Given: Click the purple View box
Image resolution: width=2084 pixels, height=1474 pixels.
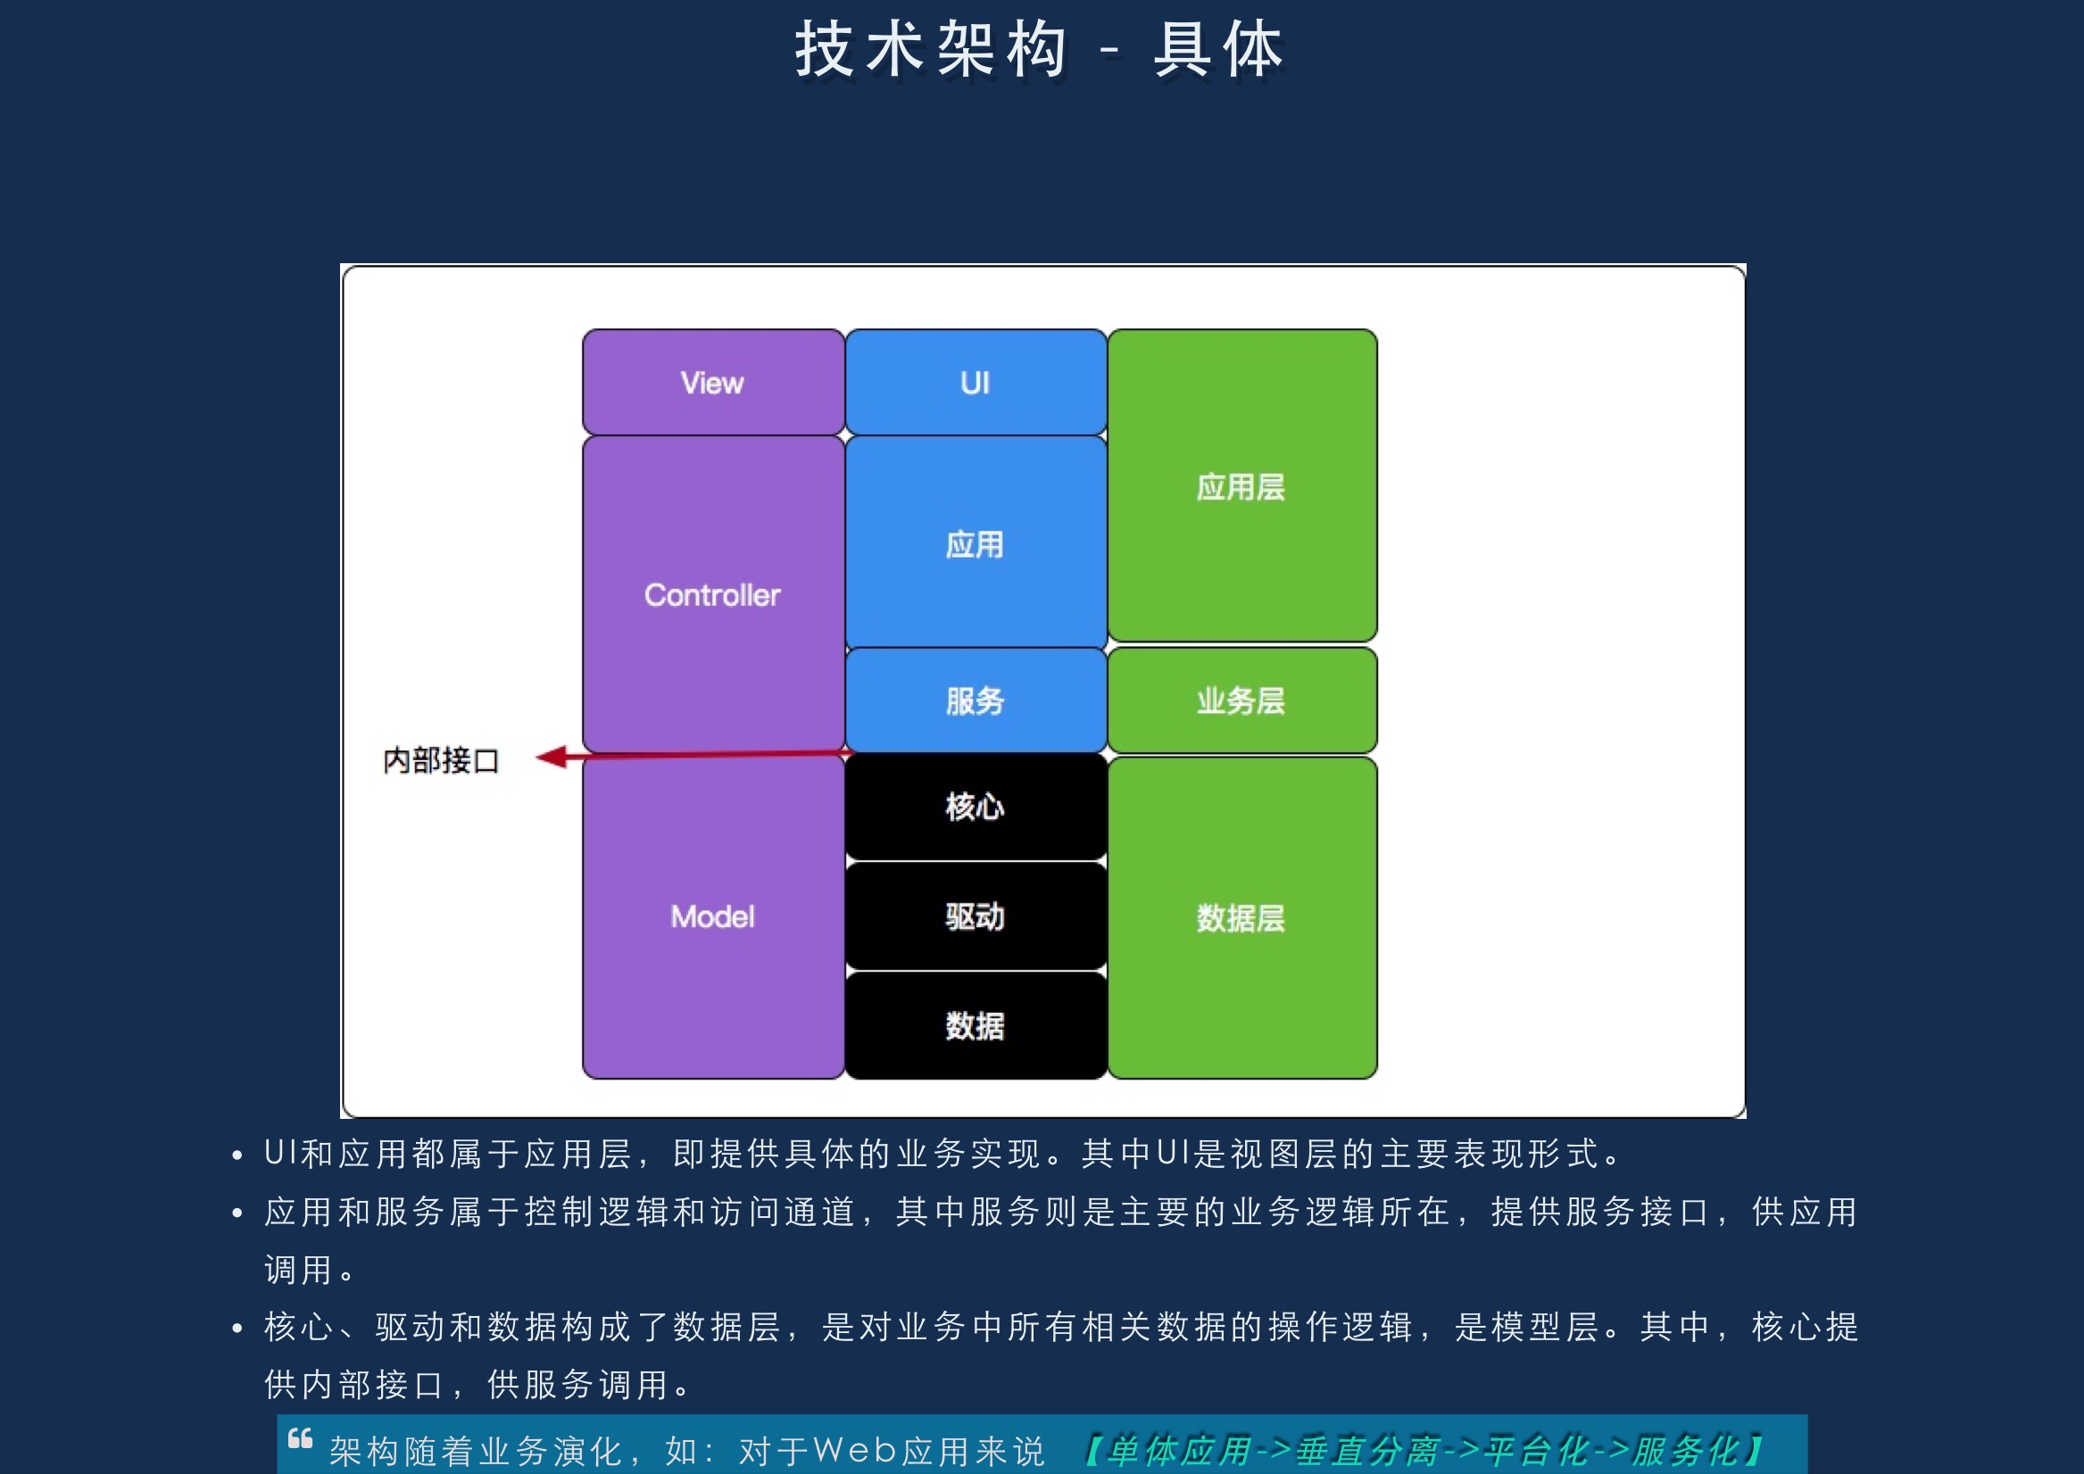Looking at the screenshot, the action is pos(713,382).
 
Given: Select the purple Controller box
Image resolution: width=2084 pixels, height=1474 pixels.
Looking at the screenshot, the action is pos(713,594).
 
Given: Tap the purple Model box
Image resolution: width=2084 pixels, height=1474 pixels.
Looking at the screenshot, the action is pos(713,916).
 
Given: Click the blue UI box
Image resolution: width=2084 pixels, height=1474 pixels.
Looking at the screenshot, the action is pos(976,382).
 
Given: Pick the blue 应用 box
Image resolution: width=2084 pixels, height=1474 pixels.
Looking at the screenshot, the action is pos(976,542).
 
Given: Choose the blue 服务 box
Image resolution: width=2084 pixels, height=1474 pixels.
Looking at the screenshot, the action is pos(976,700).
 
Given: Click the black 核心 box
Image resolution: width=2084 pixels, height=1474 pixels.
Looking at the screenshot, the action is pos(976,806).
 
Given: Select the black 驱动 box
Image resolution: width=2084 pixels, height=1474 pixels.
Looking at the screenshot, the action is pos(976,916).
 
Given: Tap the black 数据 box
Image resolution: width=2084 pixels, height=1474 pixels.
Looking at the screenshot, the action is pos(976,1025).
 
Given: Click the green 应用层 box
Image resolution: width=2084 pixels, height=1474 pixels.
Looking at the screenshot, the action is pos(1241,485).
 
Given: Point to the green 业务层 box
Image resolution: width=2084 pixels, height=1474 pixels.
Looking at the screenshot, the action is pos(1241,700).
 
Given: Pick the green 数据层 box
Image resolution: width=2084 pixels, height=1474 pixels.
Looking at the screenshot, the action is pos(1241,917).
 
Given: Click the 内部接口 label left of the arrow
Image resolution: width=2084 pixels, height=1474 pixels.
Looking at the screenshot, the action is pos(441,760).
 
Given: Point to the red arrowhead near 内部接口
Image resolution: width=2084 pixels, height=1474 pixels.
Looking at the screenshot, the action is pos(551,757).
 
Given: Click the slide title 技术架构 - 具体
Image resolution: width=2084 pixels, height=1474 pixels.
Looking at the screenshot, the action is pos(1040,49).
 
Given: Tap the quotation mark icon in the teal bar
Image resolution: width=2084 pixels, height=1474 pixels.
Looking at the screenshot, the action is pos(301,1438).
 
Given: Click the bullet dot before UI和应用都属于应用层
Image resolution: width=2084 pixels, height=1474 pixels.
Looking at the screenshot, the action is pos(237,1155).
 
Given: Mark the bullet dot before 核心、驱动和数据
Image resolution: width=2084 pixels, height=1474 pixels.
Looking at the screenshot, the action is pos(237,1329).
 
